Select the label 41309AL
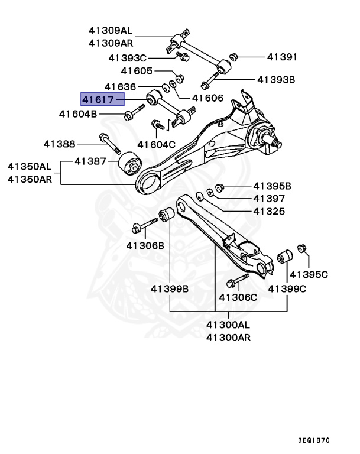(111, 30)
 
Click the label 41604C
(157, 144)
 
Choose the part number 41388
(59, 143)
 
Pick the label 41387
(90, 161)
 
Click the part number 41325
(268, 211)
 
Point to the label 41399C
(287, 288)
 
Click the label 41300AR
(228, 338)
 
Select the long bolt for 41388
(110, 145)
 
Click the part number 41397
(268, 199)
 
